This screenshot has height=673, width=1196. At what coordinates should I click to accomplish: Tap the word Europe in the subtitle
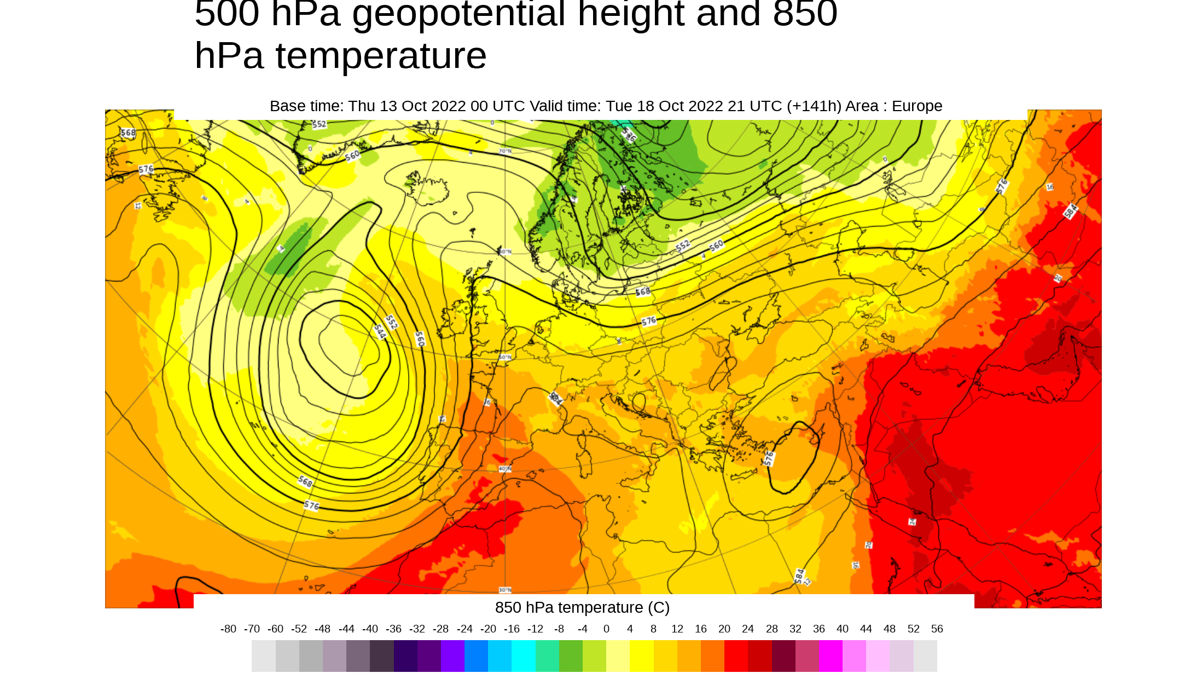pyautogui.click(x=917, y=106)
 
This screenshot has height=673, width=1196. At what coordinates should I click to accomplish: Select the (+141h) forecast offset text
pyautogui.click(x=814, y=106)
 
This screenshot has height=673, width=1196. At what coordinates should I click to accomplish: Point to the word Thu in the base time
pyautogui.click(x=362, y=106)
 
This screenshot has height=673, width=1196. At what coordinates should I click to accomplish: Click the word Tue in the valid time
pyautogui.click(x=618, y=106)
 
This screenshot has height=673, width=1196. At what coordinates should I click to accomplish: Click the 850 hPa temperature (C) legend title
pyautogui.click(x=582, y=608)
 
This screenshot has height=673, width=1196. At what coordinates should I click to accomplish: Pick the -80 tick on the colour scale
pyautogui.click(x=228, y=629)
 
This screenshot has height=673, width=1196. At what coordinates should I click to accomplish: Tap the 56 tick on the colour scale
pyautogui.click(x=937, y=629)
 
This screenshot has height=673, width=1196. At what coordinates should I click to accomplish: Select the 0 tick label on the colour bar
pyautogui.click(x=606, y=629)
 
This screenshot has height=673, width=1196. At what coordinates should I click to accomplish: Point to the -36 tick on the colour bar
pyautogui.click(x=393, y=629)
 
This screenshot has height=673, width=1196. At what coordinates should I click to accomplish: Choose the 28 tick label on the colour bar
pyautogui.click(x=771, y=629)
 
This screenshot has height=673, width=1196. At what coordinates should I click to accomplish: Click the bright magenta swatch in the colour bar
pyautogui.click(x=831, y=656)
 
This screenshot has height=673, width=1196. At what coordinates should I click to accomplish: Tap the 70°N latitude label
pyautogui.click(x=505, y=151)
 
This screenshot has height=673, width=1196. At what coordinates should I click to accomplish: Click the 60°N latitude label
pyautogui.click(x=505, y=252)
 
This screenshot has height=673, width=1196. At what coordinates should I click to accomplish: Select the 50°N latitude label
pyautogui.click(x=505, y=357)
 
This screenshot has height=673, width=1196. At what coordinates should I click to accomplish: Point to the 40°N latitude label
pyautogui.click(x=505, y=469)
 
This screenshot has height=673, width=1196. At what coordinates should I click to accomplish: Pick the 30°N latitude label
pyautogui.click(x=505, y=590)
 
